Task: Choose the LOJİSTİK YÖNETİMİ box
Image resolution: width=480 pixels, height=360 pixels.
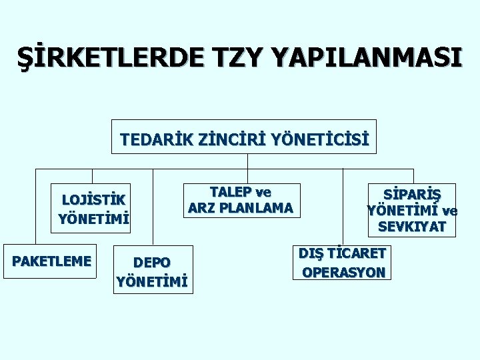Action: coord(93,208)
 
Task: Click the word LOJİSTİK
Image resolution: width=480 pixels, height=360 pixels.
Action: coord(93,199)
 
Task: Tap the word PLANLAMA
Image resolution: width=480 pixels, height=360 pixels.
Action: coord(257,208)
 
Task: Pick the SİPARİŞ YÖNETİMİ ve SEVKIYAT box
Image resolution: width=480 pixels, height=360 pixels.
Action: coord(412,210)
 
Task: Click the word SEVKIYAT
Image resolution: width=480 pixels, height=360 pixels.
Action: coord(412,227)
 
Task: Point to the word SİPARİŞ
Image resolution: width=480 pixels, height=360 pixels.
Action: coord(412,194)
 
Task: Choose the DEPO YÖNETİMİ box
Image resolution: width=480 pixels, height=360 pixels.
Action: coord(152,270)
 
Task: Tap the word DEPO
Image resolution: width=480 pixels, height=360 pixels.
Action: coord(152,262)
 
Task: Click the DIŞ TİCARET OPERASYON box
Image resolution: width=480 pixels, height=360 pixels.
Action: coord(341,262)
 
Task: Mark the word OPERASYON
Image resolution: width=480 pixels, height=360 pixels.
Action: coord(343,272)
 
